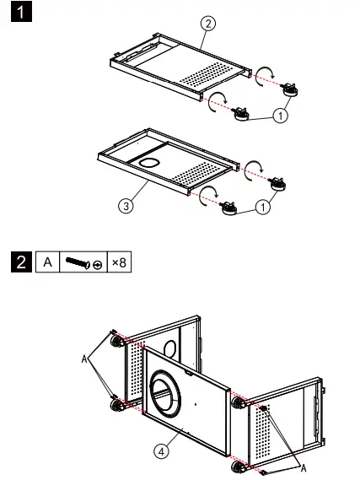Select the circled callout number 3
coord(126,203)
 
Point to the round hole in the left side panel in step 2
coord(172,347)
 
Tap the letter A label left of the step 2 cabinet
coord(85,359)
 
